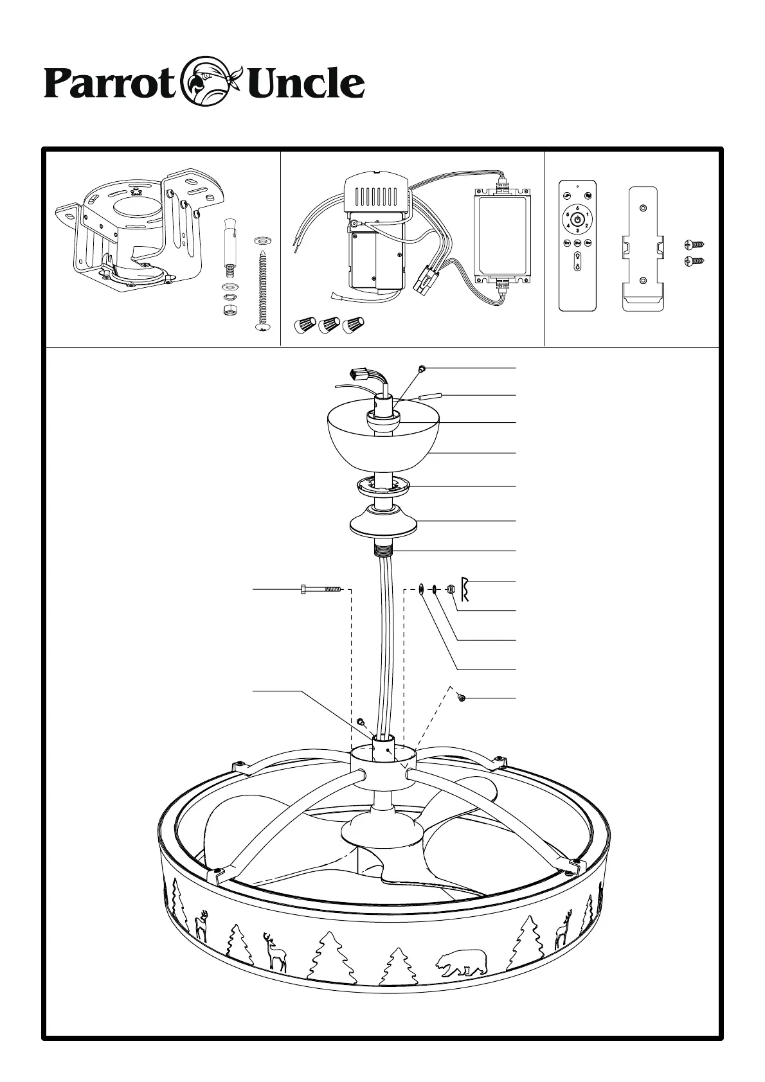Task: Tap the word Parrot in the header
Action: click(109, 84)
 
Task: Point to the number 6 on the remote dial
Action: click(577, 208)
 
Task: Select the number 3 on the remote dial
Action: click(577, 231)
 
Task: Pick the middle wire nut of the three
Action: click(328, 325)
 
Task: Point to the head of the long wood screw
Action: click(262, 328)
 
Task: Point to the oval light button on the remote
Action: click(577, 263)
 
